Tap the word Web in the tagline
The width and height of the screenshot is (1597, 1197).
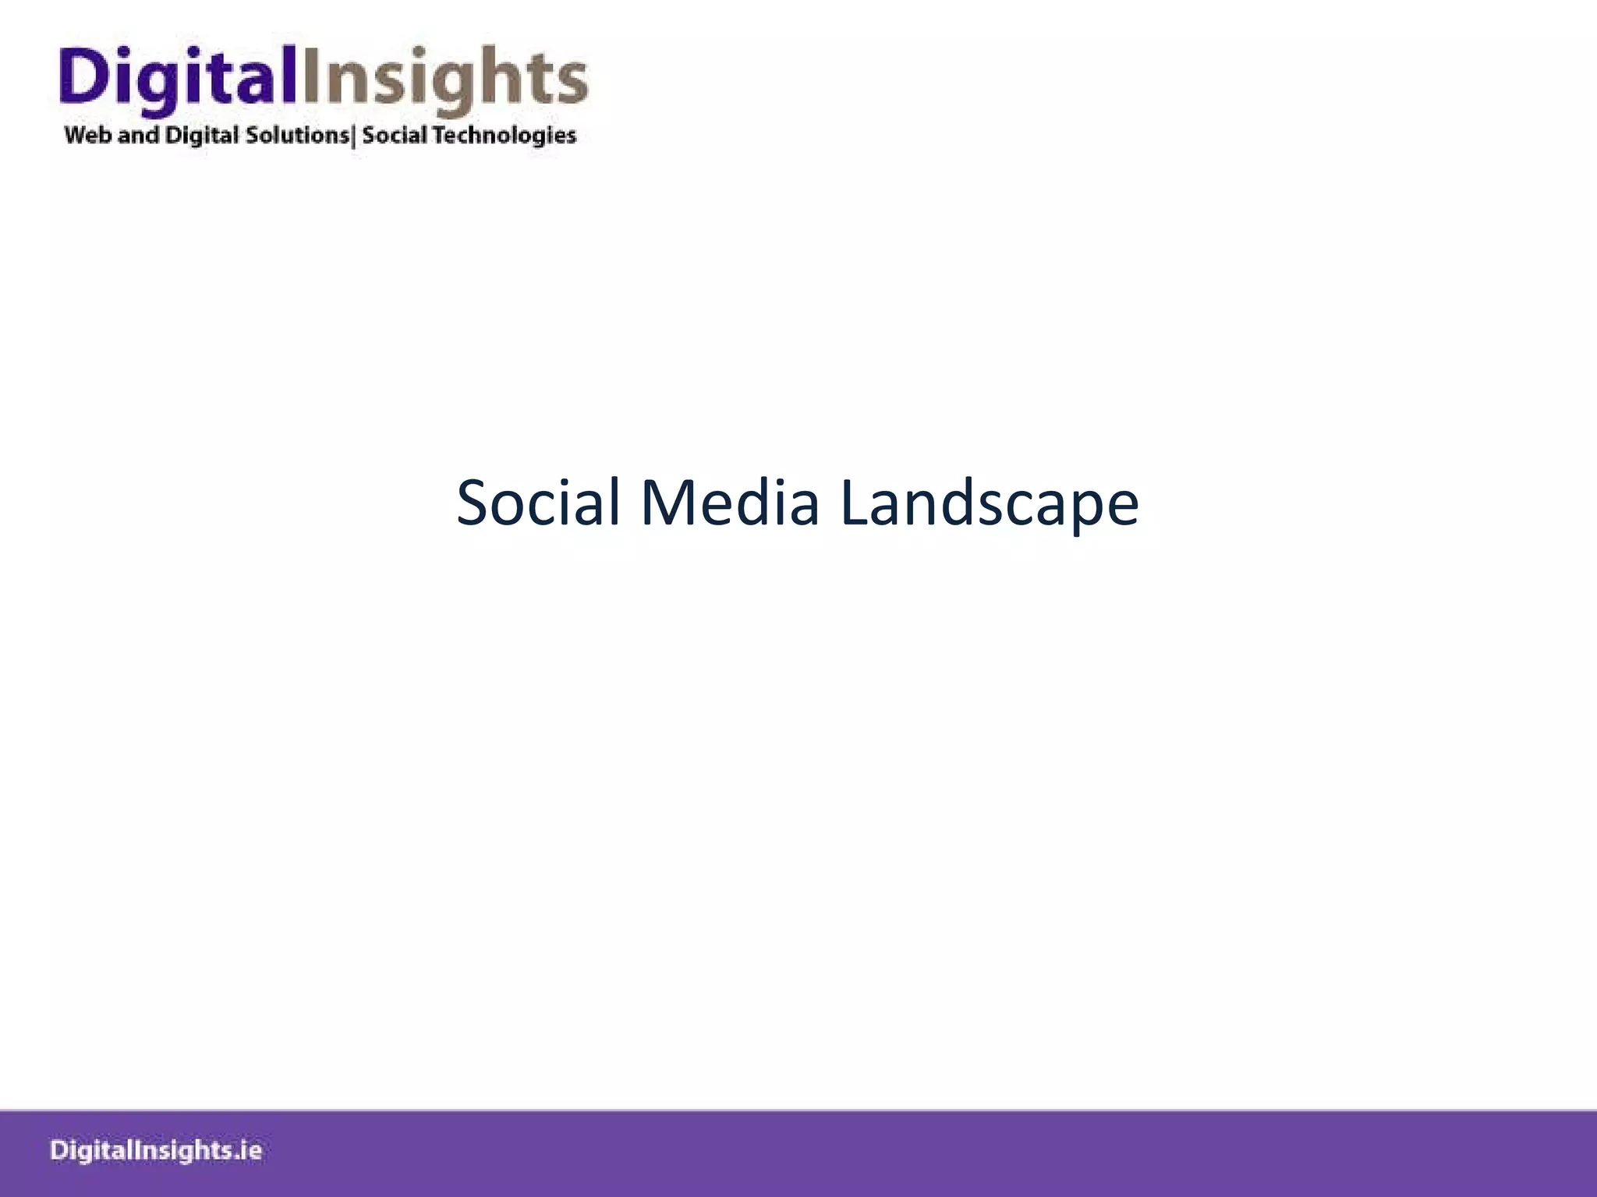(88, 135)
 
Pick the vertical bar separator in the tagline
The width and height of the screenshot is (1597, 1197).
(355, 136)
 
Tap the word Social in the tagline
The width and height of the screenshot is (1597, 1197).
(395, 135)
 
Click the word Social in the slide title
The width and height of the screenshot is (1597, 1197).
(538, 503)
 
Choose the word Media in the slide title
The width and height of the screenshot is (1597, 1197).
(730, 503)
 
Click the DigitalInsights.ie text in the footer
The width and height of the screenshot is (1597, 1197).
(157, 1151)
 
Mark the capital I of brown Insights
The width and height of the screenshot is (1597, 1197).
(310, 75)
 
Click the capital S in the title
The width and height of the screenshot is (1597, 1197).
(473, 503)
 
